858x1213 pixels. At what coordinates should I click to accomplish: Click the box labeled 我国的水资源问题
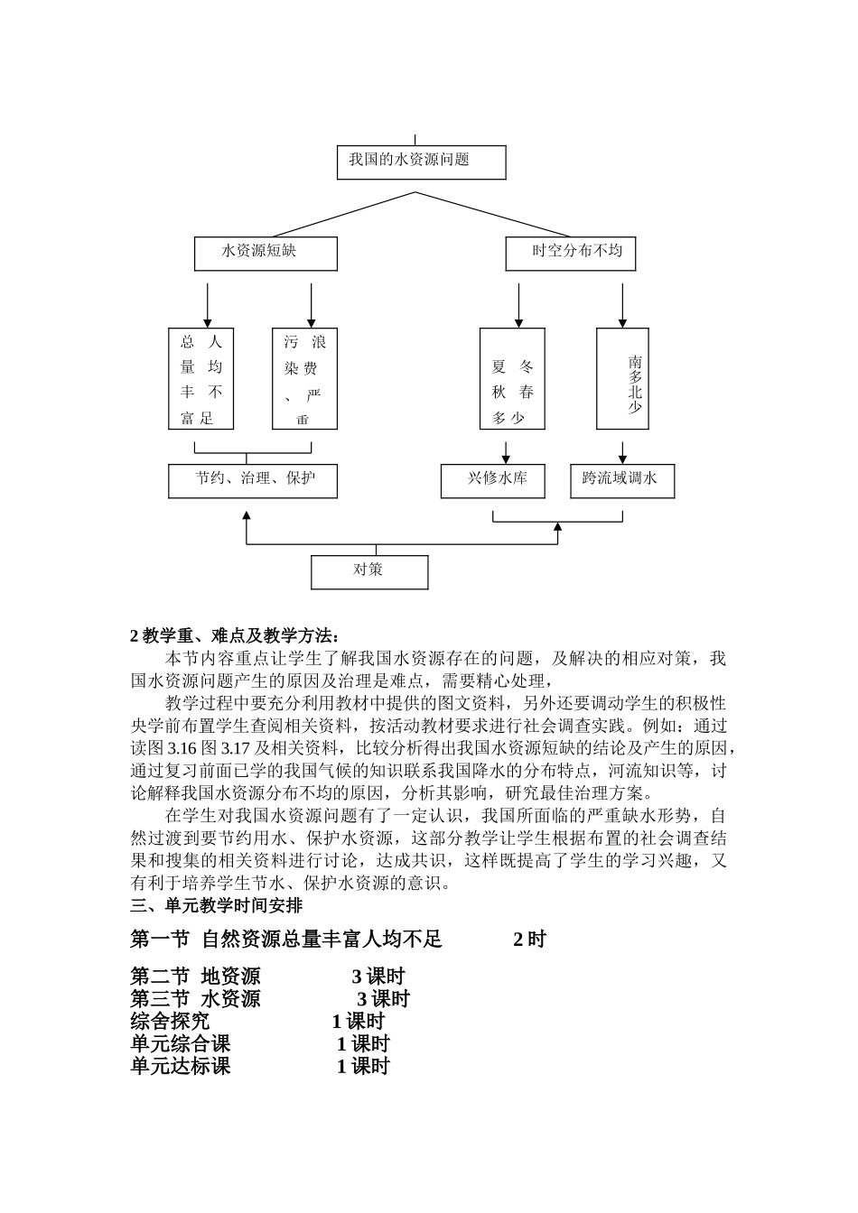pyautogui.click(x=421, y=162)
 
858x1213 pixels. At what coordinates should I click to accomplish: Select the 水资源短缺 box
pyautogui.click(x=266, y=254)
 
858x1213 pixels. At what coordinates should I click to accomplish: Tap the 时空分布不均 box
pyautogui.click(x=570, y=254)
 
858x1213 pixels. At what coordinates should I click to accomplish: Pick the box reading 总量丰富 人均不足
pyautogui.click(x=201, y=379)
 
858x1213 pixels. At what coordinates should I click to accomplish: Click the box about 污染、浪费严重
pyautogui.click(x=304, y=379)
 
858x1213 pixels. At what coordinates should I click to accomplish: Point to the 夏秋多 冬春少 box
pyautogui.click(x=512, y=379)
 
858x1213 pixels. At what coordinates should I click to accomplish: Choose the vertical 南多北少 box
pyautogui.click(x=622, y=379)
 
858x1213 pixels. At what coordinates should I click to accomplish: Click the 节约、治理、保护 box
pyautogui.click(x=253, y=481)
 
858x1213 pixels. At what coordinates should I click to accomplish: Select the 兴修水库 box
pyautogui.click(x=496, y=481)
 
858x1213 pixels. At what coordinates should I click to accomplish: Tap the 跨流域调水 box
pyautogui.click(x=622, y=481)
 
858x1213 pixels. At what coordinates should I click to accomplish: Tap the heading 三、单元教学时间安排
pyautogui.click(x=217, y=905)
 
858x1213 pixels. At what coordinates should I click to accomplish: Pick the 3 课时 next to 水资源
pyautogui.click(x=383, y=999)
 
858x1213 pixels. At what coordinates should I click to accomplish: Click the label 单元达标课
pyautogui.click(x=180, y=1066)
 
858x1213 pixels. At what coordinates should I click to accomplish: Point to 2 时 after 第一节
pyautogui.click(x=529, y=940)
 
